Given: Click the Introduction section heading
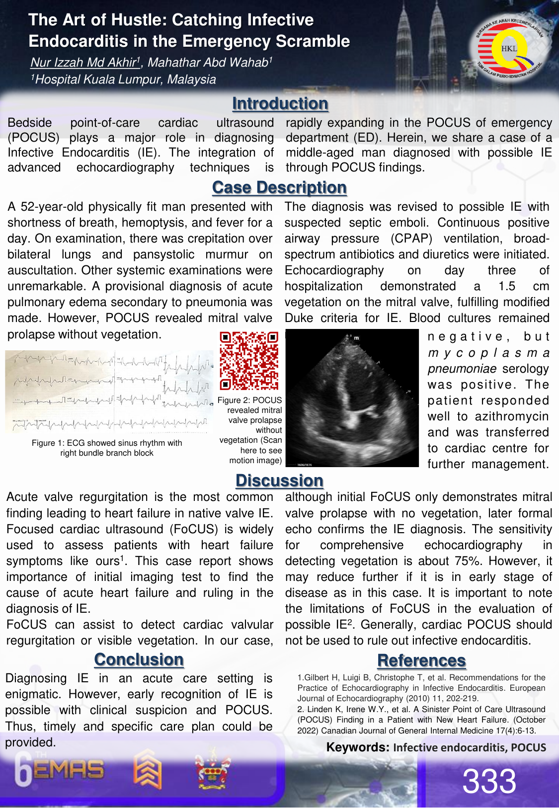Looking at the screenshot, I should (x=280, y=103).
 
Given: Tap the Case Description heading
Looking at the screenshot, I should (x=279, y=187).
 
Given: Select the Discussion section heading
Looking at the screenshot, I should (x=279, y=481).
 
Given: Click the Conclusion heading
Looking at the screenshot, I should (x=139, y=659).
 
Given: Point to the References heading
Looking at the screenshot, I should (x=421, y=660).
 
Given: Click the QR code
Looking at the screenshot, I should (x=249, y=361).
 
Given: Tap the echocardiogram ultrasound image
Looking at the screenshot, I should (x=352, y=398).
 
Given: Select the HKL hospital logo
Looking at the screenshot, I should (x=509, y=49).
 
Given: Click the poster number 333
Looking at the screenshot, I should (x=489, y=781).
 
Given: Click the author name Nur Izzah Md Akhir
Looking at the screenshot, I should (x=83, y=63).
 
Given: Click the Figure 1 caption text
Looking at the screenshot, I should (x=107, y=448).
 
